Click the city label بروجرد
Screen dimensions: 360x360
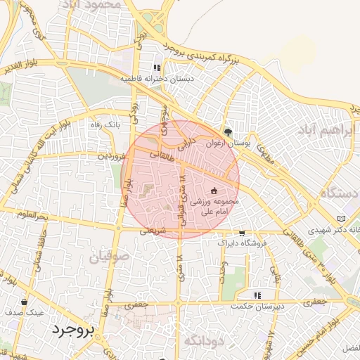click(x=73, y=330)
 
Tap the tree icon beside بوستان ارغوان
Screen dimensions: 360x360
click(x=228, y=131)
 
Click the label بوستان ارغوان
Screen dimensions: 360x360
click(x=228, y=143)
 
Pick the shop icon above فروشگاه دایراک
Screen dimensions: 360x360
click(x=243, y=233)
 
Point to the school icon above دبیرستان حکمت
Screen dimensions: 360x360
click(x=258, y=295)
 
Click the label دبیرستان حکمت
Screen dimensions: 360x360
click(x=258, y=307)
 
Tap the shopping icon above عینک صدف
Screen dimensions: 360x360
click(x=25, y=302)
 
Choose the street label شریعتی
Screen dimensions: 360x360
click(x=152, y=230)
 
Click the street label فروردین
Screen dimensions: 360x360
click(x=112, y=155)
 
